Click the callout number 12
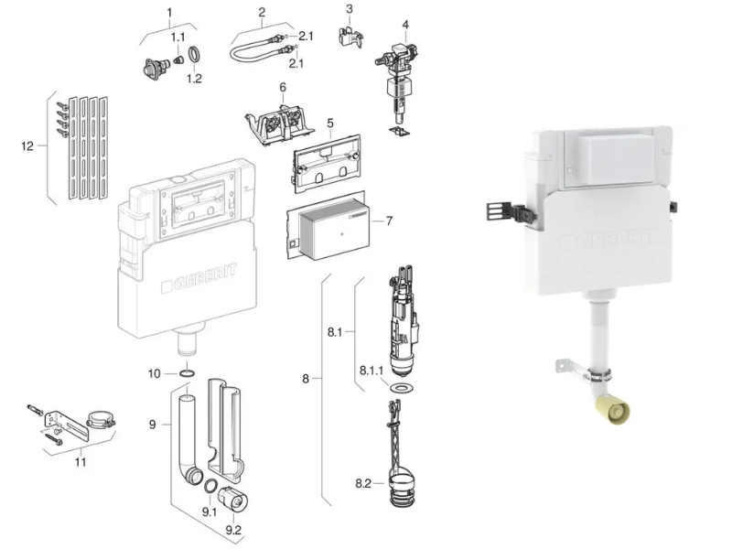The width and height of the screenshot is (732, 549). coord(27,146)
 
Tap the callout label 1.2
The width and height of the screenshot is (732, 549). coord(194,79)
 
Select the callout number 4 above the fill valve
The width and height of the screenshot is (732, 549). coord(405,25)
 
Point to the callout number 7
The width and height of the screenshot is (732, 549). coord(390,221)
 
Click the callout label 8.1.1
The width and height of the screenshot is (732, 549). coord(371,371)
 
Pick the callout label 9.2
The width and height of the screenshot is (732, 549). coord(233,530)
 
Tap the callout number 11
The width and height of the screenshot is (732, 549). coord(81,462)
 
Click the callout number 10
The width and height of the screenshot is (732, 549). coord(154,373)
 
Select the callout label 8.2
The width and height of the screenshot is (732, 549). coord(363,484)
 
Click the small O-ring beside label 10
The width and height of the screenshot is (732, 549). coord(188,373)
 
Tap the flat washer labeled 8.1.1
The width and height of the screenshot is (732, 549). coord(398,387)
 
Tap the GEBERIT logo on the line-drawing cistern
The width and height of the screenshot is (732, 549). coord(199,279)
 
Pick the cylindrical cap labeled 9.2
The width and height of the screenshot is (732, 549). coord(233,499)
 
